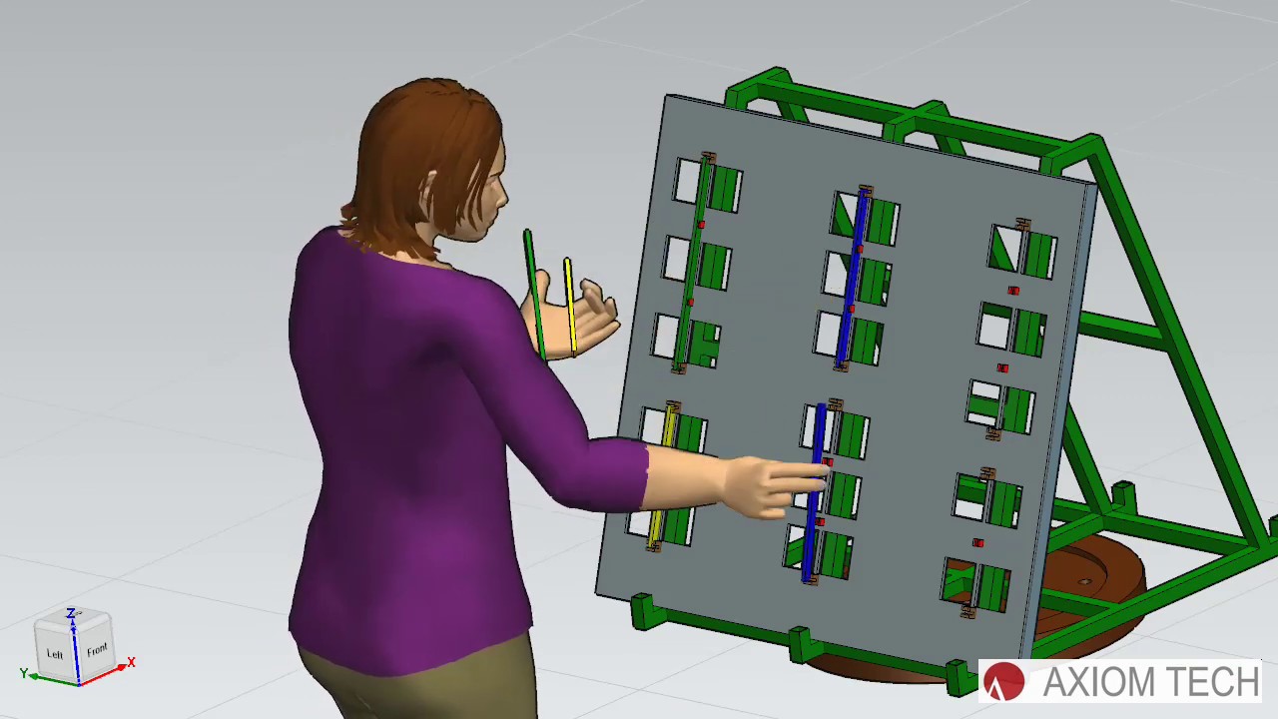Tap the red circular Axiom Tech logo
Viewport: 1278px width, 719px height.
(x=1004, y=682)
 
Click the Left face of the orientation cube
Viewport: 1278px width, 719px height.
(x=55, y=653)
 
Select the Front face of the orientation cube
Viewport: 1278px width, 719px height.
(x=96, y=650)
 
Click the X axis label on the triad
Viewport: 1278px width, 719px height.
(x=131, y=662)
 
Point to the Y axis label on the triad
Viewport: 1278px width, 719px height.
(x=23, y=673)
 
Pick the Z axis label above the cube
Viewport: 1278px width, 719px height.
(x=71, y=613)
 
